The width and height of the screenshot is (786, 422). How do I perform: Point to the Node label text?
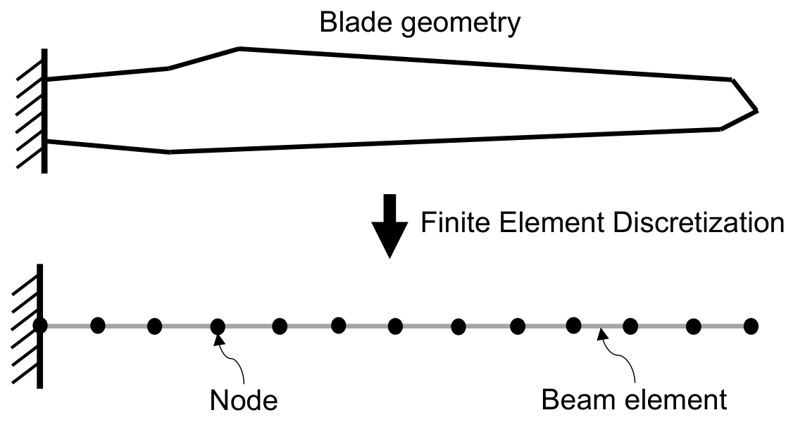(x=244, y=401)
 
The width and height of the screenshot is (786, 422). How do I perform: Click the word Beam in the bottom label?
(x=577, y=400)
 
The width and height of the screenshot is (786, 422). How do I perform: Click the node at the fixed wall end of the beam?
(x=40, y=325)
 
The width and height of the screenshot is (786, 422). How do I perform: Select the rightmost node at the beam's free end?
(x=751, y=326)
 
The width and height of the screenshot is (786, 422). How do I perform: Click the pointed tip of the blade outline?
(x=756, y=110)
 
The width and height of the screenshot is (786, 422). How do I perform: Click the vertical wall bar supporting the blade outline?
(x=44, y=110)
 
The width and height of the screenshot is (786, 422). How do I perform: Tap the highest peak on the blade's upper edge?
(x=239, y=49)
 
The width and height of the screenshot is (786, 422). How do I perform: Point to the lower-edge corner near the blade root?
(x=170, y=151)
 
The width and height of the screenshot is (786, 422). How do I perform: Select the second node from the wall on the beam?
(x=98, y=325)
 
